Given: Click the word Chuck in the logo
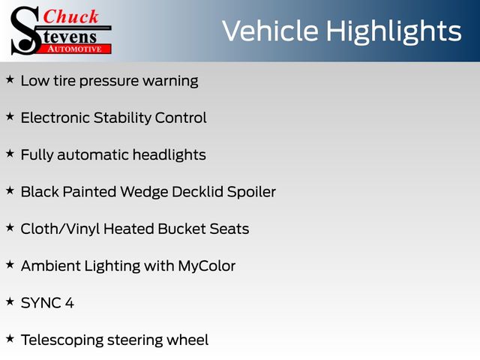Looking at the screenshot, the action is click(70, 16).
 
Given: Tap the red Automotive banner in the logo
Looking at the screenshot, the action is click(74, 49).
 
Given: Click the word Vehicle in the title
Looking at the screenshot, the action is click(270, 31).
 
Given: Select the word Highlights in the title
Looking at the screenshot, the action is click(394, 32).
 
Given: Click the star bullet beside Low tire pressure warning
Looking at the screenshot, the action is click(10, 79).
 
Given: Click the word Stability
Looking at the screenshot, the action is click(122, 118).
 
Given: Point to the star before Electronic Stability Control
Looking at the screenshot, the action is click(10, 116).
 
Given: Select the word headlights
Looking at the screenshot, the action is click(169, 155).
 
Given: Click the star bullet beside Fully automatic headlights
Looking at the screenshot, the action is click(10, 153).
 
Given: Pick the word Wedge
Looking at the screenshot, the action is click(144, 192).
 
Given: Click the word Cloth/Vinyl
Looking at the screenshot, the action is click(60, 229).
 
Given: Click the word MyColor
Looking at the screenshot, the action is click(207, 266).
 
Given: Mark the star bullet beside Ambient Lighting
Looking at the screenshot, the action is click(10, 265).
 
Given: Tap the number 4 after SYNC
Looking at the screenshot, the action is click(70, 303).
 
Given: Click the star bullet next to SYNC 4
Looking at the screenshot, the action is click(10, 301).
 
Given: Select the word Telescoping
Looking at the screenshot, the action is click(62, 340).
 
